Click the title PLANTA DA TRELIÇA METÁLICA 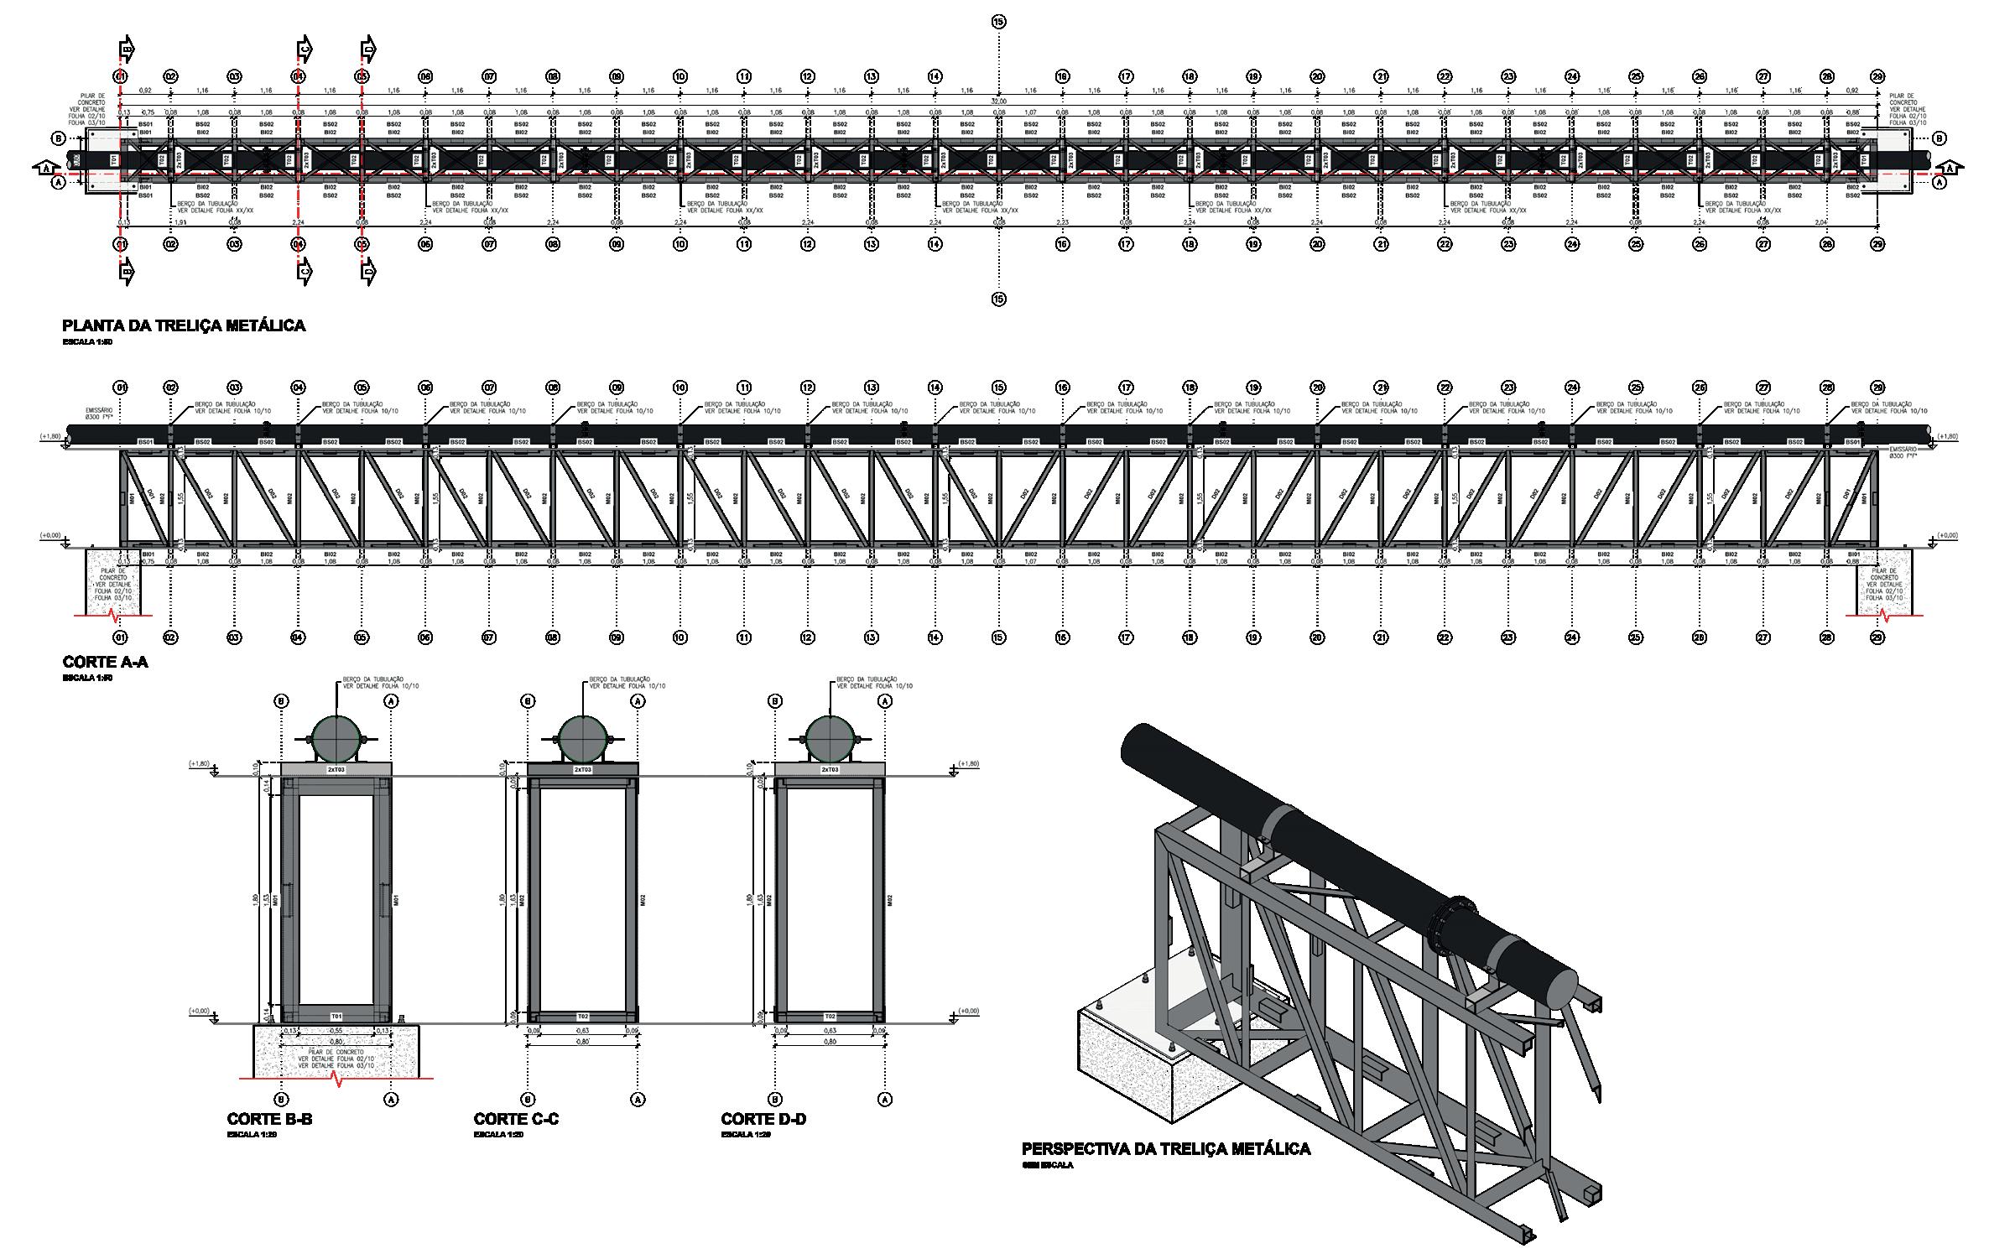pos(184,326)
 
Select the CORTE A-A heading pos(106,663)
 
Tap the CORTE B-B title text pos(269,1119)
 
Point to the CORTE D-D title pos(763,1119)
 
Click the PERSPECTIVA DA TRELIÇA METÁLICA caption pos(1166,1149)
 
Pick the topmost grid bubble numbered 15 pos(998,22)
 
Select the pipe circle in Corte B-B pos(336,738)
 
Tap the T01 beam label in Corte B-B pos(336,1016)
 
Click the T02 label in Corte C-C pos(582,1016)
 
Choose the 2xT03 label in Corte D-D pos(830,769)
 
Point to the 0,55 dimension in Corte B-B pos(336,1030)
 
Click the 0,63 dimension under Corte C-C pos(582,1030)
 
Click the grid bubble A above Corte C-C pos(638,700)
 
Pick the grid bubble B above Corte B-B pos(282,700)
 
